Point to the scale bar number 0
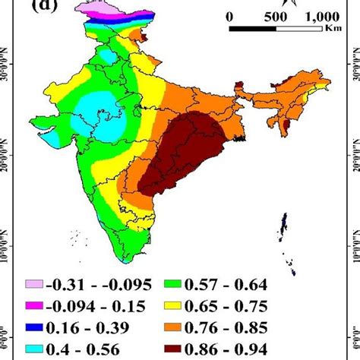(x=229, y=16)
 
